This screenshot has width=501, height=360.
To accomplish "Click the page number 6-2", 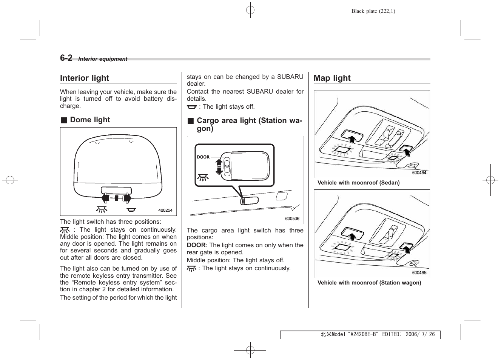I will coord(66,58).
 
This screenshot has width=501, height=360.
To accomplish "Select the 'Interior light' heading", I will coord(85,78).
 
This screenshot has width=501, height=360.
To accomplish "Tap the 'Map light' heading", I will coord(332,78).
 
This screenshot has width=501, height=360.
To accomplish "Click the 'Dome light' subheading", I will coord(90,120).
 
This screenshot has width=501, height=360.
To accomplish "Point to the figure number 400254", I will coord(165,211).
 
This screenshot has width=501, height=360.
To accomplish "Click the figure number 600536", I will coord(292,218).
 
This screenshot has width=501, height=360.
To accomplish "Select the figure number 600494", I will coord(419,173).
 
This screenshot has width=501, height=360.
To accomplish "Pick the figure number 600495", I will coord(419,273).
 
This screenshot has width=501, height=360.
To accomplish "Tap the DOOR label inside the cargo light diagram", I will coord(203,157).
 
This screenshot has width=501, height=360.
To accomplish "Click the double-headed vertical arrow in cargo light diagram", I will coord(219,166).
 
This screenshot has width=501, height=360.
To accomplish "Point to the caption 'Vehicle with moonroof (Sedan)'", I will coord(358,183).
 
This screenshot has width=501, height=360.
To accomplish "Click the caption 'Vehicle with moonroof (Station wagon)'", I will coord(369,283).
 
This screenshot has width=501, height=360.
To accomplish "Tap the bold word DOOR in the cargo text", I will coord(196,245).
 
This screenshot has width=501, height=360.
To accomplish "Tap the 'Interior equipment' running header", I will coord(103,59).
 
